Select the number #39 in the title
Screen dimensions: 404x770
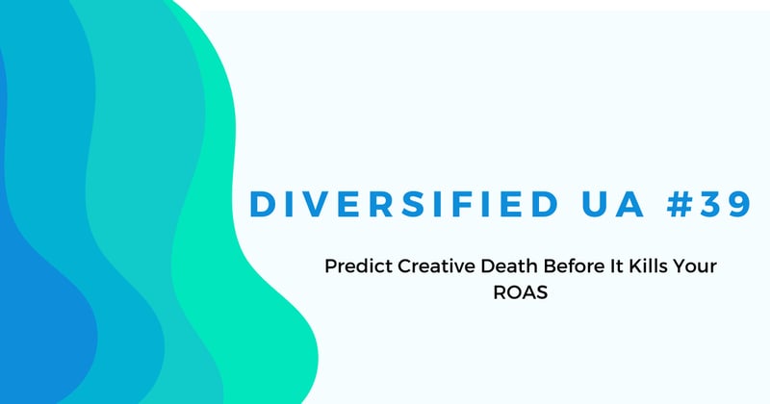(x=694, y=203)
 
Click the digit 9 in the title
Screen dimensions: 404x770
(x=731, y=203)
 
